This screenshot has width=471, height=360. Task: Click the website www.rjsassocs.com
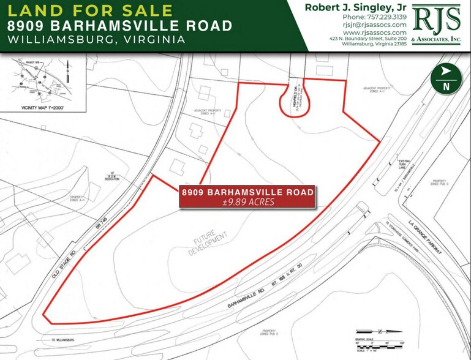(x=375, y=32)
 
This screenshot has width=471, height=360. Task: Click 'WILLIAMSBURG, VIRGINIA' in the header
(x=97, y=39)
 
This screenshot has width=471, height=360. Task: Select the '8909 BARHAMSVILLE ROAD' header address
(x=119, y=26)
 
